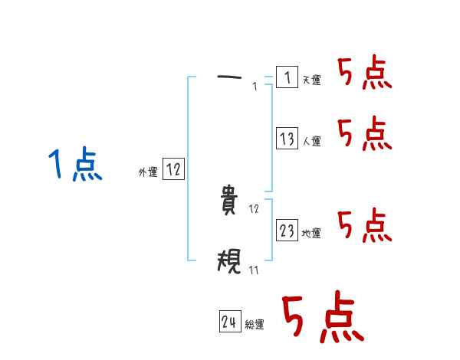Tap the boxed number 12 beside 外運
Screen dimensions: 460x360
pyautogui.click(x=173, y=170)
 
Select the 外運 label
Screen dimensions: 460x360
pyautogui.click(x=148, y=173)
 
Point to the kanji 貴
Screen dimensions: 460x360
pyautogui.click(x=230, y=201)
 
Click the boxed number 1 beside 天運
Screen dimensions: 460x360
pyautogui.click(x=287, y=77)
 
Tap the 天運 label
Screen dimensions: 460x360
pyautogui.click(x=312, y=80)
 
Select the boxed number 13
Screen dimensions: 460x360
pyautogui.click(x=287, y=139)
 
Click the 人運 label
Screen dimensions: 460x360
pyautogui.click(x=312, y=142)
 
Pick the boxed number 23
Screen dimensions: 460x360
pyautogui.click(x=287, y=231)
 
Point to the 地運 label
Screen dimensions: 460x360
pyautogui.click(x=312, y=234)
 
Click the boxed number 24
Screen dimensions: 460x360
pyautogui.click(x=229, y=322)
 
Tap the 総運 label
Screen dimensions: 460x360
pyautogui.click(x=255, y=325)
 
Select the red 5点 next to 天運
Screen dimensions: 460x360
pyautogui.click(x=364, y=74)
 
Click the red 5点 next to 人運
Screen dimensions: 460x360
pyautogui.click(x=364, y=135)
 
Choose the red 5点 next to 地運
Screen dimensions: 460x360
pyautogui.click(x=364, y=224)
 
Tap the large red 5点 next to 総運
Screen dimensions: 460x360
pyautogui.click(x=320, y=318)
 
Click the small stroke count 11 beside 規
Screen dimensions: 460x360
pyautogui.click(x=254, y=270)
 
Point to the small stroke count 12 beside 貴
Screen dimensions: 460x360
pyautogui.click(x=255, y=208)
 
